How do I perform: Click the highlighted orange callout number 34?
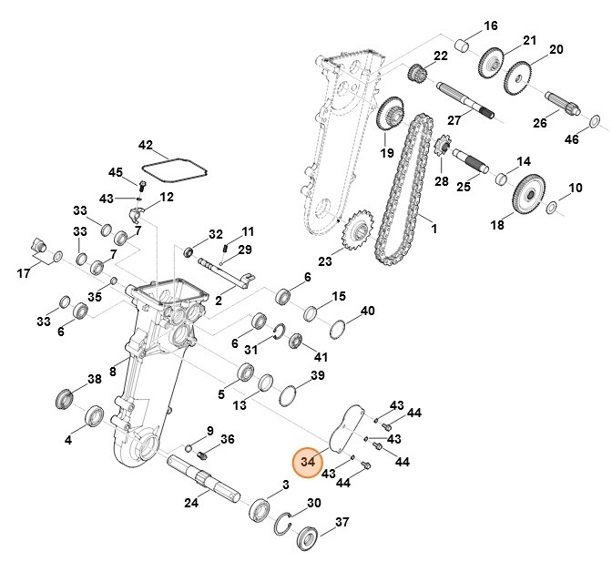coord(308,462)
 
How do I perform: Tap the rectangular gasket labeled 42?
coord(174,169)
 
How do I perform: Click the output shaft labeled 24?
coord(204,479)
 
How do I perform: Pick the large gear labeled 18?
coord(529,197)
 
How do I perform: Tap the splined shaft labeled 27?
coord(464,99)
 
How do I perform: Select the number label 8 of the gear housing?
coord(111,371)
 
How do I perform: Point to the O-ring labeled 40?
coord(335,327)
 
